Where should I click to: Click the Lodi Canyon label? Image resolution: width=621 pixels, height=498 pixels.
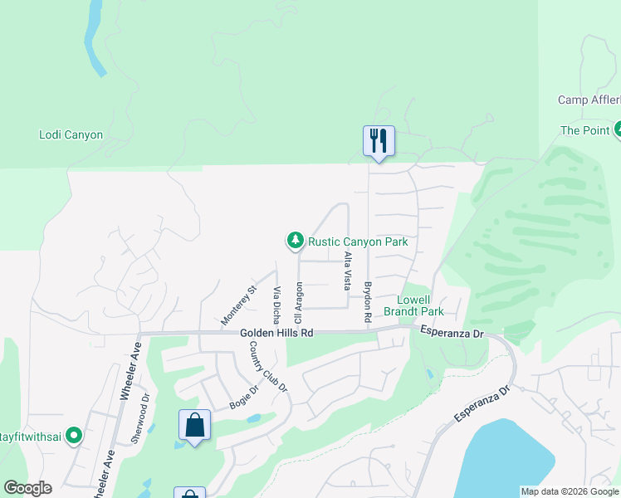(71, 134)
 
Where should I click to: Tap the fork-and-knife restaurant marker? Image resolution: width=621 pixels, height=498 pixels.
(379, 139)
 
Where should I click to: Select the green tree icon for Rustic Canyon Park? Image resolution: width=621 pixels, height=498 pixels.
(295, 241)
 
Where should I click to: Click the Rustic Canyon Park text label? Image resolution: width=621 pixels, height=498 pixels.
(358, 242)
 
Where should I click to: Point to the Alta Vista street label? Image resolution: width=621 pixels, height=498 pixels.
(347, 271)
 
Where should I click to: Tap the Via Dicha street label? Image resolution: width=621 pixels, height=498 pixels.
(276, 305)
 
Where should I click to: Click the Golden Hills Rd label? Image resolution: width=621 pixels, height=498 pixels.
(276, 333)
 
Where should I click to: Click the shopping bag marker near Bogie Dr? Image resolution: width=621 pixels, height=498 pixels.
(194, 425)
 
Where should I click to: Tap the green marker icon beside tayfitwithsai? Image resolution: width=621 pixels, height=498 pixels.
(74, 435)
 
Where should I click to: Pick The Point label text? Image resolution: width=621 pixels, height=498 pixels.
(585, 130)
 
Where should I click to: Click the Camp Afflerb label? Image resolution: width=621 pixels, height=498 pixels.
(589, 100)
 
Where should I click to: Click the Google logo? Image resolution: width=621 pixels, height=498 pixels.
(27, 488)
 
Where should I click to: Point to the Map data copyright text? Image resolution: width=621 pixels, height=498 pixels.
(570, 491)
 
